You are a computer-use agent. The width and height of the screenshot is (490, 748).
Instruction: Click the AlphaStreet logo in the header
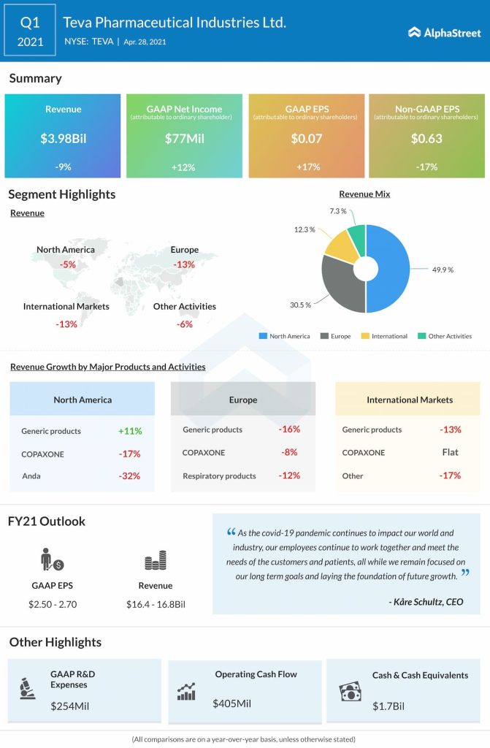point(444,32)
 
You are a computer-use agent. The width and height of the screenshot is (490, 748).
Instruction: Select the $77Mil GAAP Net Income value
point(184,138)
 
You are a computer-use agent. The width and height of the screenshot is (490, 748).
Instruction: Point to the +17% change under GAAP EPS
point(307,167)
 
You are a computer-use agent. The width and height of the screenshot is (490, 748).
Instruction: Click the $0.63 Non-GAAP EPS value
point(426,138)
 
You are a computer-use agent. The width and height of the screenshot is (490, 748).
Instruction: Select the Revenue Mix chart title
point(364,194)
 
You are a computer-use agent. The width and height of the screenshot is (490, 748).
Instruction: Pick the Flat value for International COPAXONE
point(451,452)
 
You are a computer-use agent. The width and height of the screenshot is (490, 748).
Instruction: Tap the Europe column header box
point(243,399)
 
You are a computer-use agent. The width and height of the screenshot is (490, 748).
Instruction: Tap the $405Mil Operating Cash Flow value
point(231,703)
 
